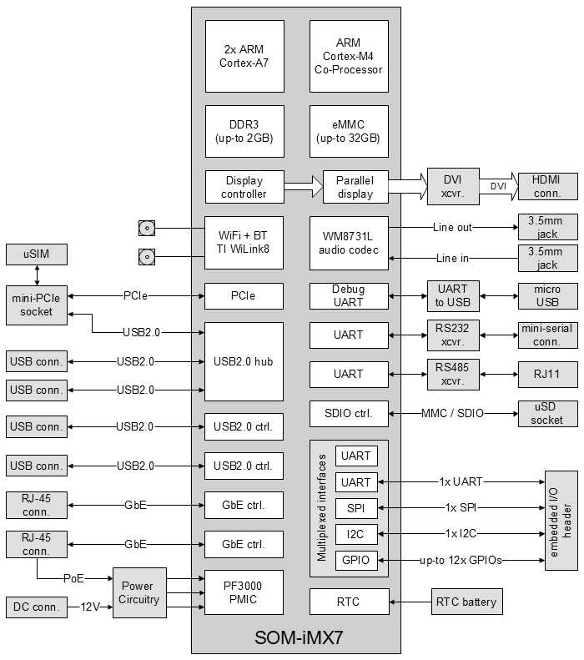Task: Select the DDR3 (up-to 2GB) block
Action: [x=244, y=131]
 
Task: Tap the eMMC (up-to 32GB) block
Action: [x=349, y=131]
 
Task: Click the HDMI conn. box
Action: [x=547, y=187]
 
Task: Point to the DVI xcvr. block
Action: [x=451, y=187]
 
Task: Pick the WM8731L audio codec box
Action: [x=349, y=243]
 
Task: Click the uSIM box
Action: [x=37, y=254]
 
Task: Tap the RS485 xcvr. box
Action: [x=451, y=374]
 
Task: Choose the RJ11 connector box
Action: [x=547, y=374]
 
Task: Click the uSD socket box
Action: [x=547, y=413]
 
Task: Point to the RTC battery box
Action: [x=466, y=602]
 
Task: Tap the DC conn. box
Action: [x=37, y=607]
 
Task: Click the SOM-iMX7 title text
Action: [x=299, y=638]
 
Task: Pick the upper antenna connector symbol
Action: [x=147, y=228]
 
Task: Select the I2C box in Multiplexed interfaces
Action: [x=356, y=533]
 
